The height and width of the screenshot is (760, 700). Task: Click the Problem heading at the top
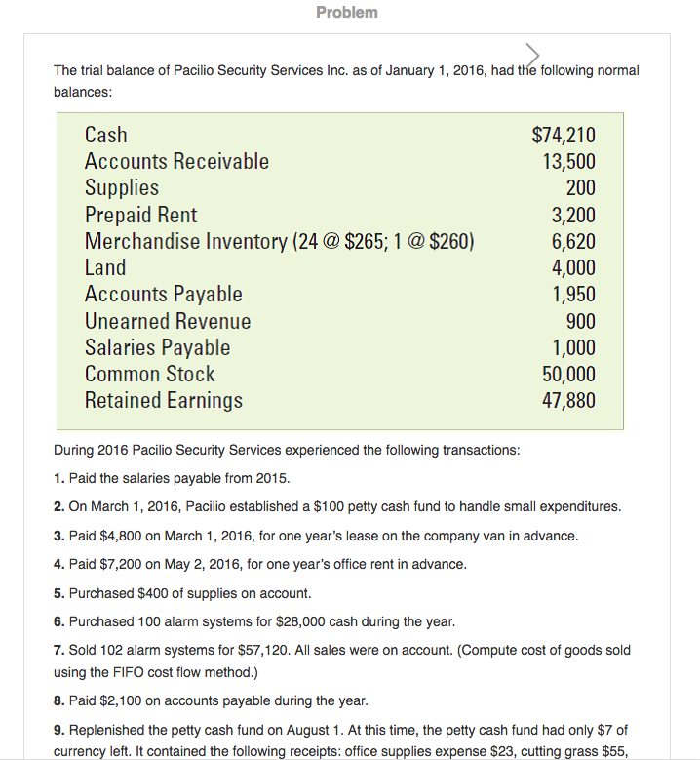347,12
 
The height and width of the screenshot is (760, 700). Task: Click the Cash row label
105,135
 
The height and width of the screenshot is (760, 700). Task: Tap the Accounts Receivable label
176,161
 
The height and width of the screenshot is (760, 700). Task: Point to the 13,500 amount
568,162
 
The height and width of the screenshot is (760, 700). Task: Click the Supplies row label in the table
121,187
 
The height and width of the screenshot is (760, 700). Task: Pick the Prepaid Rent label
140,215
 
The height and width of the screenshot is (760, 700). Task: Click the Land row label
105,267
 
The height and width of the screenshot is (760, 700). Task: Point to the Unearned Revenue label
168,321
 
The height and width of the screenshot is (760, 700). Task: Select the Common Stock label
150,374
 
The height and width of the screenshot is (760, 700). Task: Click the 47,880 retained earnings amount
568,400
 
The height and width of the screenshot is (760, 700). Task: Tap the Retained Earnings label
164,400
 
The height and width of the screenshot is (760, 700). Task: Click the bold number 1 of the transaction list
58,479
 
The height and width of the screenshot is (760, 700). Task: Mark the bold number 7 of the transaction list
58,650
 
